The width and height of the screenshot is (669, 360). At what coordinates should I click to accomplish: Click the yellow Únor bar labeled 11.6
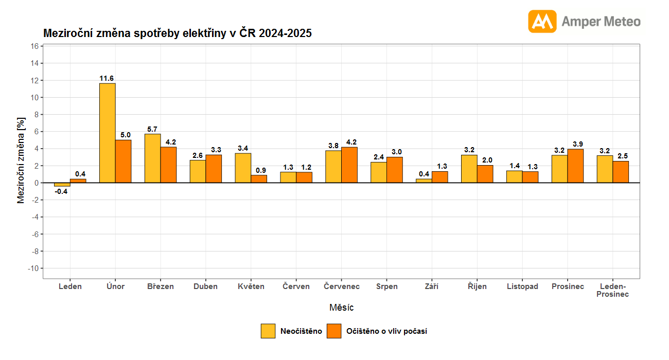pyautogui.click(x=107, y=133)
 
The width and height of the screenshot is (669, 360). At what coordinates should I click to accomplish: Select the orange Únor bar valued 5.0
pyautogui.click(x=123, y=161)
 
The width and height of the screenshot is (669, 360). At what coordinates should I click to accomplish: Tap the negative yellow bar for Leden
pyautogui.click(x=62, y=185)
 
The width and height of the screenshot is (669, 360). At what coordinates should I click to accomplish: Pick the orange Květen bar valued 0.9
pyautogui.click(x=259, y=179)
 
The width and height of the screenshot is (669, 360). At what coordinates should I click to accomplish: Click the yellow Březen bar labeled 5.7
pyautogui.click(x=152, y=158)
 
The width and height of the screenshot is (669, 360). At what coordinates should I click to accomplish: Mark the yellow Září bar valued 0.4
pyautogui.click(x=424, y=181)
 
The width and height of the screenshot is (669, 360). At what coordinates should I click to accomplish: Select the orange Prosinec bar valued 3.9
pyautogui.click(x=576, y=166)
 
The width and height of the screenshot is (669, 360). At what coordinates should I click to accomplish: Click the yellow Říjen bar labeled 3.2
pyautogui.click(x=469, y=169)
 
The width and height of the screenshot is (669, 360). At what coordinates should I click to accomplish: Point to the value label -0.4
pyautogui.click(x=62, y=191)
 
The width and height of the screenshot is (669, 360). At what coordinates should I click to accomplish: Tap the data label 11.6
pyautogui.click(x=107, y=78)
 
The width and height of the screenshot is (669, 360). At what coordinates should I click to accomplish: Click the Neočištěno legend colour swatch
pyautogui.click(x=268, y=331)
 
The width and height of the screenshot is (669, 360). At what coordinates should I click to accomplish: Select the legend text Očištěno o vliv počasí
pyautogui.click(x=386, y=331)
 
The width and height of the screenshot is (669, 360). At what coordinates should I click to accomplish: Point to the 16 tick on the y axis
pyautogui.click(x=34, y=46)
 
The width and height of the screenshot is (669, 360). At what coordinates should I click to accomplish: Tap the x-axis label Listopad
pyautogui.click(x=522, y=286)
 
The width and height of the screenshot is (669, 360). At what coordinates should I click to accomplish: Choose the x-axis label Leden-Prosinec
pyautogui.click(x=612, y=290)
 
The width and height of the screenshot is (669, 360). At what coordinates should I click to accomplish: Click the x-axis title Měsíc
pyautogui.click(x=341, y=308)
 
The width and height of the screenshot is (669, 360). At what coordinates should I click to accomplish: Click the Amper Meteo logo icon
pyautogui.click(x=542, y=22)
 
